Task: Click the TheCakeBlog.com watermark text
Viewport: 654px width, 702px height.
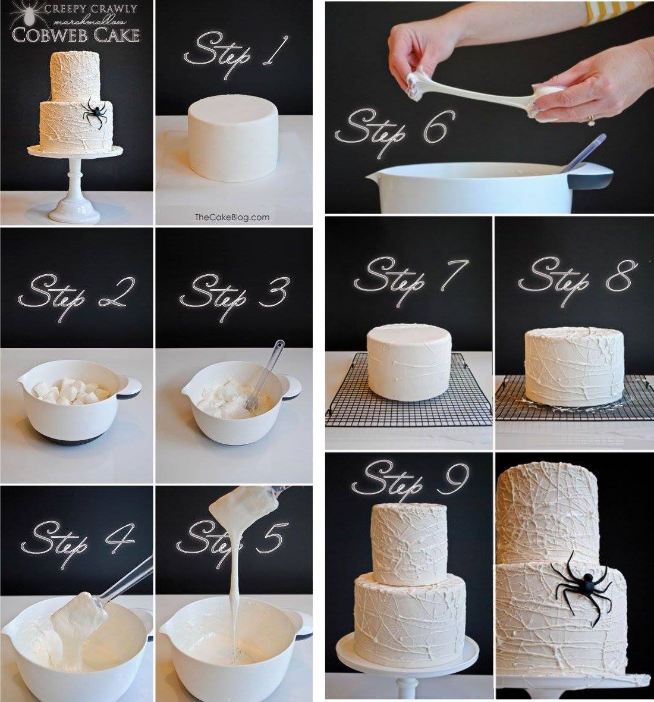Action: (232, 218)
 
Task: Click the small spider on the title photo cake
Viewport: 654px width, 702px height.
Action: (95, 112)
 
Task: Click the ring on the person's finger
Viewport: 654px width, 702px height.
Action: (592, 120)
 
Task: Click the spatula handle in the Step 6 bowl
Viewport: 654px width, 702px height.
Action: (584, 152)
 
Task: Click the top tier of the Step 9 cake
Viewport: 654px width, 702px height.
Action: (409, 544)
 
